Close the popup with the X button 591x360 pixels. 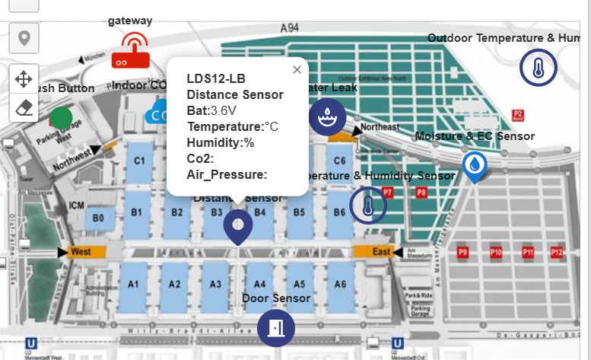click(297, 69)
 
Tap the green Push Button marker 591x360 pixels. click(61, 118)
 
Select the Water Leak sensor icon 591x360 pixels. click(328, 117)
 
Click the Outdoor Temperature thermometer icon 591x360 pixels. click(538, 69)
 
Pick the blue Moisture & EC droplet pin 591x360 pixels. click(475, 166)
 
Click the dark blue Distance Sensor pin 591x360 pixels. click(238, 227)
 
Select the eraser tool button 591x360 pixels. click(24, 107)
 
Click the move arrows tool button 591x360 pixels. click(24, 78)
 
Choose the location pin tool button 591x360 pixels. click(24, 37)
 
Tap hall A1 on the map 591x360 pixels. click(134, 285)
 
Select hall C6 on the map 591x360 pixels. click(339, 161)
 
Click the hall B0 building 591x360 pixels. click(98, 218)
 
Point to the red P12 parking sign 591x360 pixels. click(557, 252)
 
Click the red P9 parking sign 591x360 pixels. click(462, 252)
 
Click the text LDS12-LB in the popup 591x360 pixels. click(216, 78)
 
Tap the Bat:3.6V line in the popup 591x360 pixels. click(216, 110)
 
